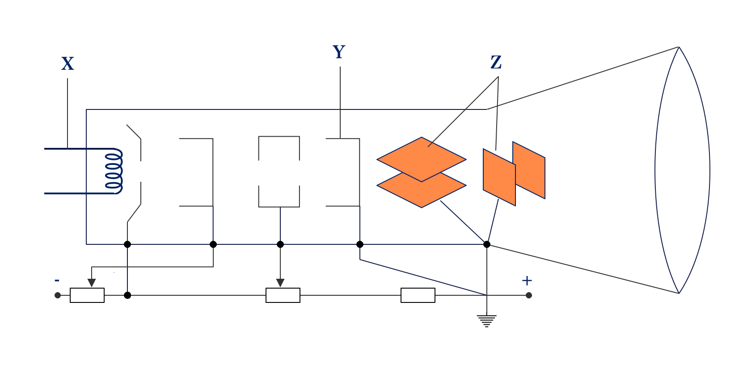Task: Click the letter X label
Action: [x=68, y=64]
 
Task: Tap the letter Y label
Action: [x=339, y=52]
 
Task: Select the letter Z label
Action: [x=496, y=63]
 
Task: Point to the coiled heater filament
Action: [x=114, y=171]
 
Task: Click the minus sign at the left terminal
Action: [x=57, y=281]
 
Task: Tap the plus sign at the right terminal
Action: [x=527, y=281]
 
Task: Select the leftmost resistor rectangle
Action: [x=87, y=295]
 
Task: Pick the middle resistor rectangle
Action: [x=283, y=295]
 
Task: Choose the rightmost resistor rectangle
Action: [x=418, y=295]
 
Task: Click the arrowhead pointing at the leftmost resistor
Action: [x=92, y=283]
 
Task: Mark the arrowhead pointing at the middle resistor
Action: [x=280, y=283]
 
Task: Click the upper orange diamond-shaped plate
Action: [x=421, y=156]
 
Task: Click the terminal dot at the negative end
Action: [x=58, y=295]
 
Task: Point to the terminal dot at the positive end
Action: [x=529, y=295]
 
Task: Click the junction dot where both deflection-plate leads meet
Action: [x=487, y=244]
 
